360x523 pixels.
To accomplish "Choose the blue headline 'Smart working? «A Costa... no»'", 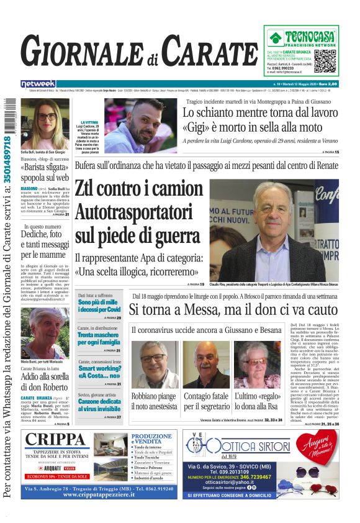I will (98, 372).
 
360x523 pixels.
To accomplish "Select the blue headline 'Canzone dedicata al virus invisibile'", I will (98, 406).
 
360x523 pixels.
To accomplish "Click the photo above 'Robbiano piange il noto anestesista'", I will (154, 365).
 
